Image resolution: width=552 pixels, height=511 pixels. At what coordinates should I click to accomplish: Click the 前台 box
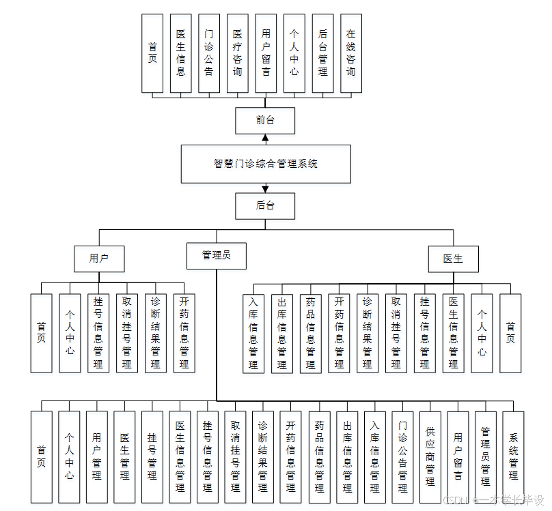pos(265,120)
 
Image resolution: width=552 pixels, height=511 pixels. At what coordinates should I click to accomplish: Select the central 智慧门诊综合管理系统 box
pos(266,164)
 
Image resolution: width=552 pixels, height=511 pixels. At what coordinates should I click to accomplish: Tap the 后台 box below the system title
pos(265,206)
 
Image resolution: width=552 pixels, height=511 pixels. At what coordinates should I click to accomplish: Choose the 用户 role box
pos(99,259)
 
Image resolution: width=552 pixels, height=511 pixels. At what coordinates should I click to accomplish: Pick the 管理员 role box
pos(216,255)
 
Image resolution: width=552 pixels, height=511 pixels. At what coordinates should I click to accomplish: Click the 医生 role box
pos(453,259)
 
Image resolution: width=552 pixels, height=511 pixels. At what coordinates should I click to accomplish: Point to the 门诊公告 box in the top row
pos(209,53)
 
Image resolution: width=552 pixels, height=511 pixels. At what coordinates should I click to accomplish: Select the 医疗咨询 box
pos(237,53)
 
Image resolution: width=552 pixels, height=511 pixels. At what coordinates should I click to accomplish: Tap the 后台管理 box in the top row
pos(322,53)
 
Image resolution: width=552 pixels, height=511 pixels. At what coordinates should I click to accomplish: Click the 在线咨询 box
pos(350,53)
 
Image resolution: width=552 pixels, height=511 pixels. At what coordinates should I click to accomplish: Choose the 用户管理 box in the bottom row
pos(97,456)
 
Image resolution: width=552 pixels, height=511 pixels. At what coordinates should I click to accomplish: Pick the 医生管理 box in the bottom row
pos(124,456)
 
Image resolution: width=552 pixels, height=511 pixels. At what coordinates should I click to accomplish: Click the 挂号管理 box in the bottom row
pos(152,456)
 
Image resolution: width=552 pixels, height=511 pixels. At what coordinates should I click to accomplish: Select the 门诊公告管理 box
pos(402,456)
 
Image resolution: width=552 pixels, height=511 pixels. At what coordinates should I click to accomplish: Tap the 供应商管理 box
pos(430,456)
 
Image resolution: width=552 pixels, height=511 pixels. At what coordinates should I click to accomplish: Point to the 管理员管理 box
pos(485,456)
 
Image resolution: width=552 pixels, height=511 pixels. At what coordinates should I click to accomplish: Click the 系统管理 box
pos(513,456)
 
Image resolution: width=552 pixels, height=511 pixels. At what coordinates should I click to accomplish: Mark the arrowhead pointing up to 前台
pos(265,138)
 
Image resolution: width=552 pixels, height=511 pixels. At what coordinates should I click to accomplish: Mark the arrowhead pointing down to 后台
pos(265,188)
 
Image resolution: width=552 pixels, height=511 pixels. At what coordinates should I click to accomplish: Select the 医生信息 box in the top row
pos(180,53)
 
